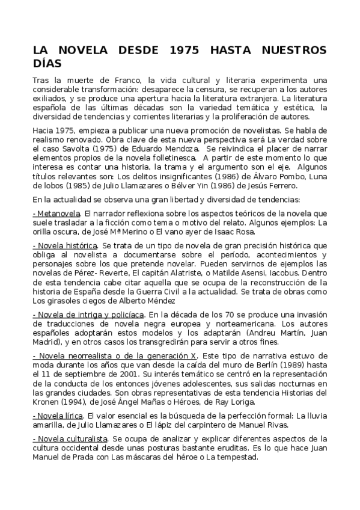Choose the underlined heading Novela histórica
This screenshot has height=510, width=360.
tap(66, 246)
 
